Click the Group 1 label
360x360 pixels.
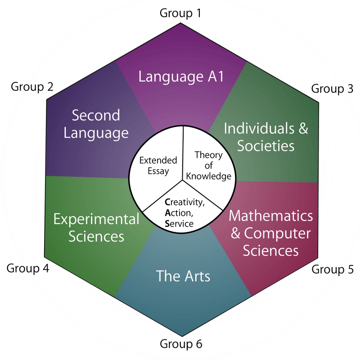[x=180, y=13]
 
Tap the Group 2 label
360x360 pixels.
[x=31, y=86]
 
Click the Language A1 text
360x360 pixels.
[x=181, y=76]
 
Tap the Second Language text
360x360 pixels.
[x=96, y=124]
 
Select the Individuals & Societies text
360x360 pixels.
[x=266, y=137]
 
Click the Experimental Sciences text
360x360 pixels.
[x=96, y=228]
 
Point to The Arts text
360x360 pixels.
[x=183, y=275]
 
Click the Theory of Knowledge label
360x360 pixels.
[x=208, y=165]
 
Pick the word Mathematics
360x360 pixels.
[x=270, y=216]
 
